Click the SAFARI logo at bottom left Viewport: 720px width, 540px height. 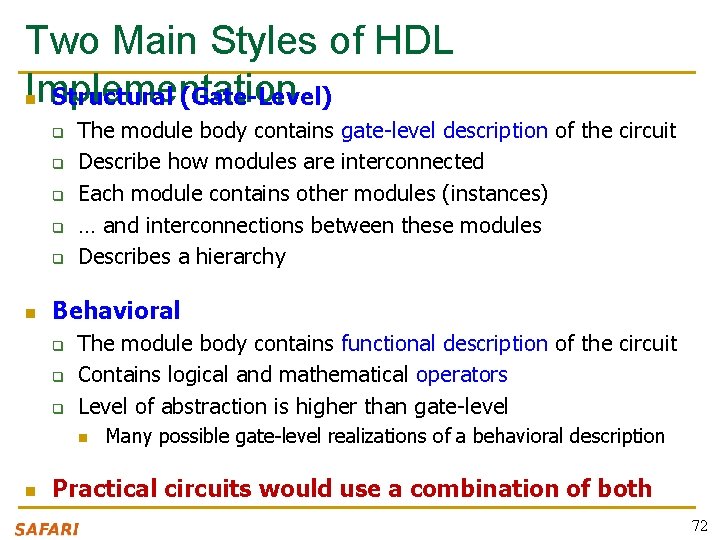tap(45, 529)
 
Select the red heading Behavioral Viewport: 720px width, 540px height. tap(116, 310)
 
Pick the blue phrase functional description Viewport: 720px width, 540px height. tap(444, 343)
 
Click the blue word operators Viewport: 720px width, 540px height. tap(461, 374)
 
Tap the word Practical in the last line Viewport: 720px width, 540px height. tap(99, 489)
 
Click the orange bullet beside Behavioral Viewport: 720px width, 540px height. tap(31, 312)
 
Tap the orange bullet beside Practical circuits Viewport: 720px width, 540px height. tap(31, 491)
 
